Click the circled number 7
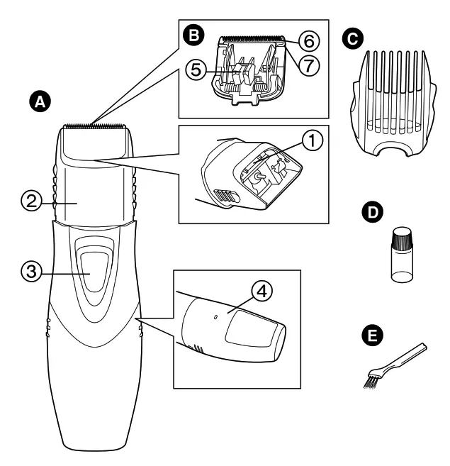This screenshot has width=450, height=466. (308, 65)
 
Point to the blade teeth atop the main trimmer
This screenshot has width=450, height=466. (95, 126)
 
